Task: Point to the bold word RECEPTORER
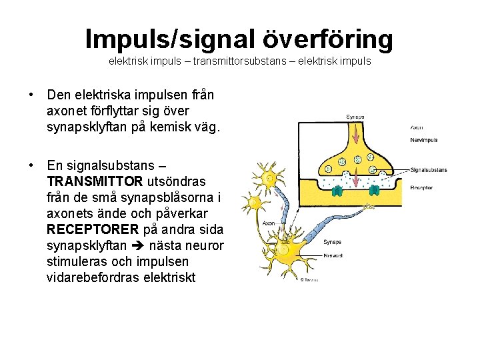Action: coord(89,229)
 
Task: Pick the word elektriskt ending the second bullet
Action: coord(169,277)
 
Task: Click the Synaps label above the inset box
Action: coord(355,117)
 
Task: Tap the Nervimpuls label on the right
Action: coord(424,140)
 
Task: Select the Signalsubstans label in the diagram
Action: coord(429,169)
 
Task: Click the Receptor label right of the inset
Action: coord(421,188)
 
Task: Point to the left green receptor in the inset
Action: coord(338,191)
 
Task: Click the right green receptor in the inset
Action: coord(374,190)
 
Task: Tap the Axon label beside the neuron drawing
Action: coord(268,224)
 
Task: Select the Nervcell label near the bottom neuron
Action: coord(333,254)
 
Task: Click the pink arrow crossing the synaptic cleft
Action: coord(357,179)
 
